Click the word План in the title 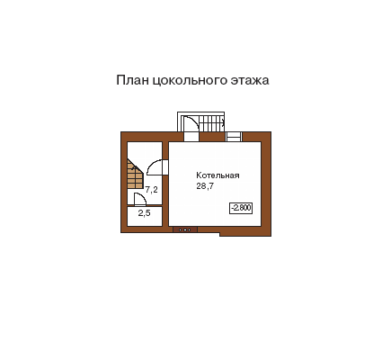pyautogui.click(x=132, y=80)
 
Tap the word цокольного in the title pyautogui.click(x=190, y=81)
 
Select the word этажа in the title pyautogui.click(x=250, y=80)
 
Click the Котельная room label pyautogui.click(x=218, y=175)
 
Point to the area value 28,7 pyautogui.click(x=205, y=186)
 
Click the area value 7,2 pyautogui.click(x=152, y=190)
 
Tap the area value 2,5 pyautogui.click(x=144, y=213)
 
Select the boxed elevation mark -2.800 pyautogui.click(x=241, y=208)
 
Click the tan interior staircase pyautogui.click(x=135, y=174)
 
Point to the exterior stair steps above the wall pyautogui.click(x=211, y=123)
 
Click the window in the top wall pyautogui.click(x=234, y=137)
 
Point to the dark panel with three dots pyautogui.click(x=185, y=229)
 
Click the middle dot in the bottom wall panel pyautogui.click(x=185, y=229)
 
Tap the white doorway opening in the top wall pyautogui.click(x=191, y=137)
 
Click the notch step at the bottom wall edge pyautogui.click(x=220, y=234)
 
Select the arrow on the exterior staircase pyautogui.click(x=223, y=121)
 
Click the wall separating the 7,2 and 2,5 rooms pyautogui.click(x=145, y=206)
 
